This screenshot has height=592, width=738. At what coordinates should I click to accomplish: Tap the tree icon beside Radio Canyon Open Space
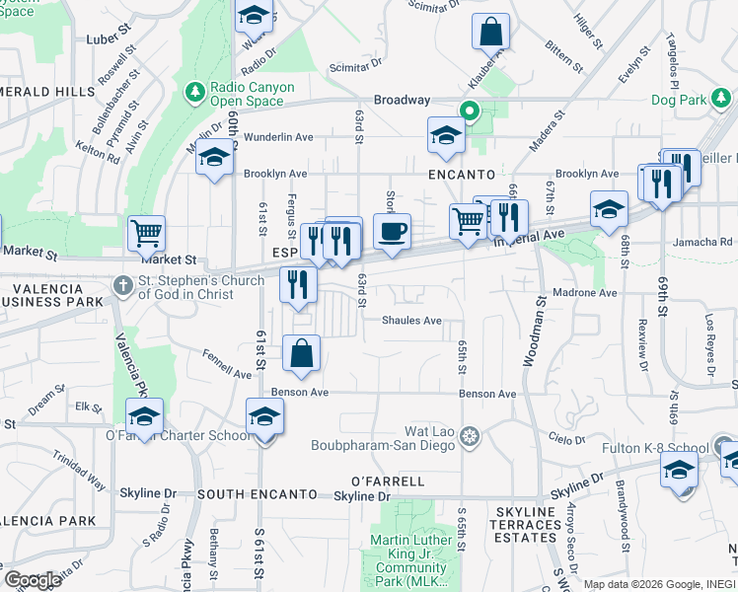[194, 93]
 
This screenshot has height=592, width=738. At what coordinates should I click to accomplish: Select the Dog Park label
[678, 100]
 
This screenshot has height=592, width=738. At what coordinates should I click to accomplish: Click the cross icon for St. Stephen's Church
[121, 286]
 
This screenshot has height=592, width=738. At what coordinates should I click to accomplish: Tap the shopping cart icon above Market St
[145, 234]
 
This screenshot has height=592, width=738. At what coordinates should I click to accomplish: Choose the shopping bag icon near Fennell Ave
[301, 353]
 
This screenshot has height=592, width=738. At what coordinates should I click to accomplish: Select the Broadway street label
[402, 100]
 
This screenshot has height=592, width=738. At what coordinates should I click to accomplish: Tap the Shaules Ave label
[411, 320]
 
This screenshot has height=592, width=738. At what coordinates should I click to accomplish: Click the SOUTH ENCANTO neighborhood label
[257, 493]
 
